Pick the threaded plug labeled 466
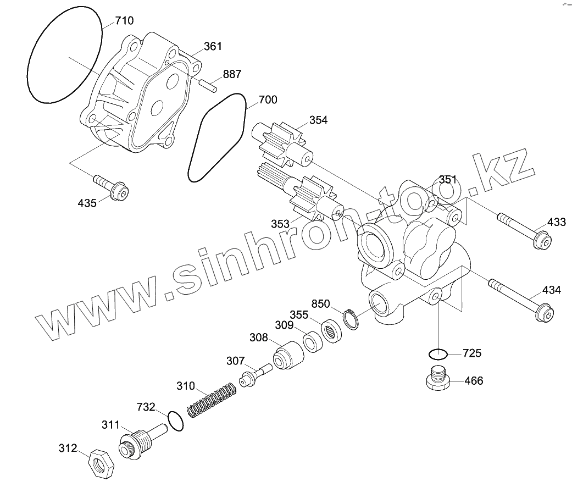pyautogui.click(x=438, y=379)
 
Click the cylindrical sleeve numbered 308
pyautogui.click(x=288, y=357)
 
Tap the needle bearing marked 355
pyautogui.click(x=332, y=330)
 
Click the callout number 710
pyautogui.click(x=124, y=21)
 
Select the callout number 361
pyautogui.click(x=213, y=46)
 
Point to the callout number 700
pyautogui.click(x=268, y=100)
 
